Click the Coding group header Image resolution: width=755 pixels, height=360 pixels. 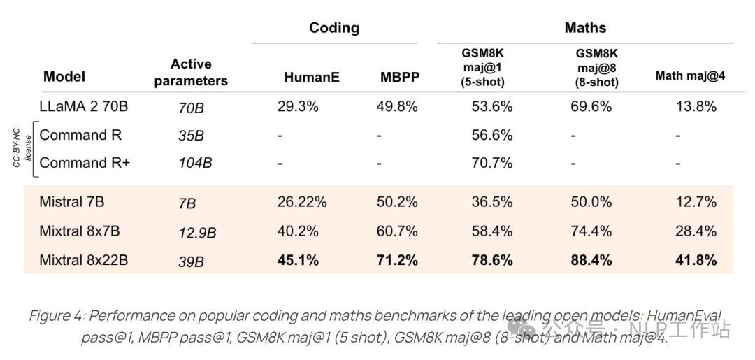tap(334, 29)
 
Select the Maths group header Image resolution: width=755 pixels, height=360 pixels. tap(585, 29)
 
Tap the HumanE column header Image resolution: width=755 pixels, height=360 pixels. tap(312, 78)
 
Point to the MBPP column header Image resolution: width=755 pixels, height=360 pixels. tap(400, 78)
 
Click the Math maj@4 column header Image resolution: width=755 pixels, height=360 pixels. tap(690, 76)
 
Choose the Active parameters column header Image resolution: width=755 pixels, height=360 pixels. tap(191, 73)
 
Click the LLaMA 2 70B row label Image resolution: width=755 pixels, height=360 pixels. tap(83, 107)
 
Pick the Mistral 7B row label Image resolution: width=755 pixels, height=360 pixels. tap(72, 202)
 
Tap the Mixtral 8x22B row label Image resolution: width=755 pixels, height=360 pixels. tap(83, 260)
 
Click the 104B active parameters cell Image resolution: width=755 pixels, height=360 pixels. tap(195, 164)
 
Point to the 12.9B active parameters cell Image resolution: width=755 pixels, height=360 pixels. tap(197, 232)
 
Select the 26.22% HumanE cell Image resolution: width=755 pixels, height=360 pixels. tap(302, 202)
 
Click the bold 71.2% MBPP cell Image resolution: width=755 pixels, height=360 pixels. tap(396, 260)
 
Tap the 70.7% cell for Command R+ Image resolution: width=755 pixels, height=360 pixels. tap(492, 163)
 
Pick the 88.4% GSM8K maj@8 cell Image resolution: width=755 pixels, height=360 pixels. tap(591, 260)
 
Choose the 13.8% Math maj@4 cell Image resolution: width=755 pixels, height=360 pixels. tap(696, 107)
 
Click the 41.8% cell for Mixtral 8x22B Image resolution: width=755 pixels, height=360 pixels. tap(696, 260)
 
